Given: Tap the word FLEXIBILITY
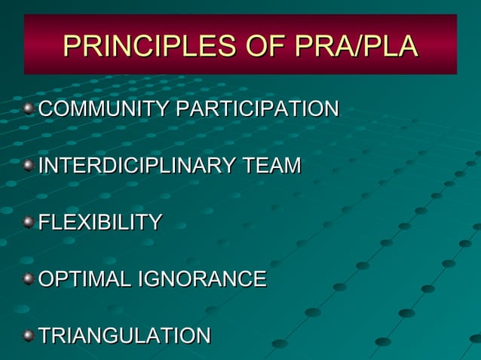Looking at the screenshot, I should click(100, 222).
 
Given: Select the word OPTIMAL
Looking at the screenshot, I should click(84, 279).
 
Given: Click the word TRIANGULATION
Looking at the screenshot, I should click(124, 336).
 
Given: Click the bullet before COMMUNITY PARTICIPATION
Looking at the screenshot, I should click(29, 109).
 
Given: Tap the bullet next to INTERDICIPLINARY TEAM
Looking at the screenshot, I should click(29, 166).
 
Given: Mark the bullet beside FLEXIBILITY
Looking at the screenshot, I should click(29, 222).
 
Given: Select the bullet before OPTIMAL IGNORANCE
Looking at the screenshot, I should click(29, 279).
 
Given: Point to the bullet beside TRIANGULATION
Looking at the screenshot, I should click(29, 335).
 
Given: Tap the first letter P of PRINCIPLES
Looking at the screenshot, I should click(72, 46).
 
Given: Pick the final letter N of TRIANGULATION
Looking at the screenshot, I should click(203, 336).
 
